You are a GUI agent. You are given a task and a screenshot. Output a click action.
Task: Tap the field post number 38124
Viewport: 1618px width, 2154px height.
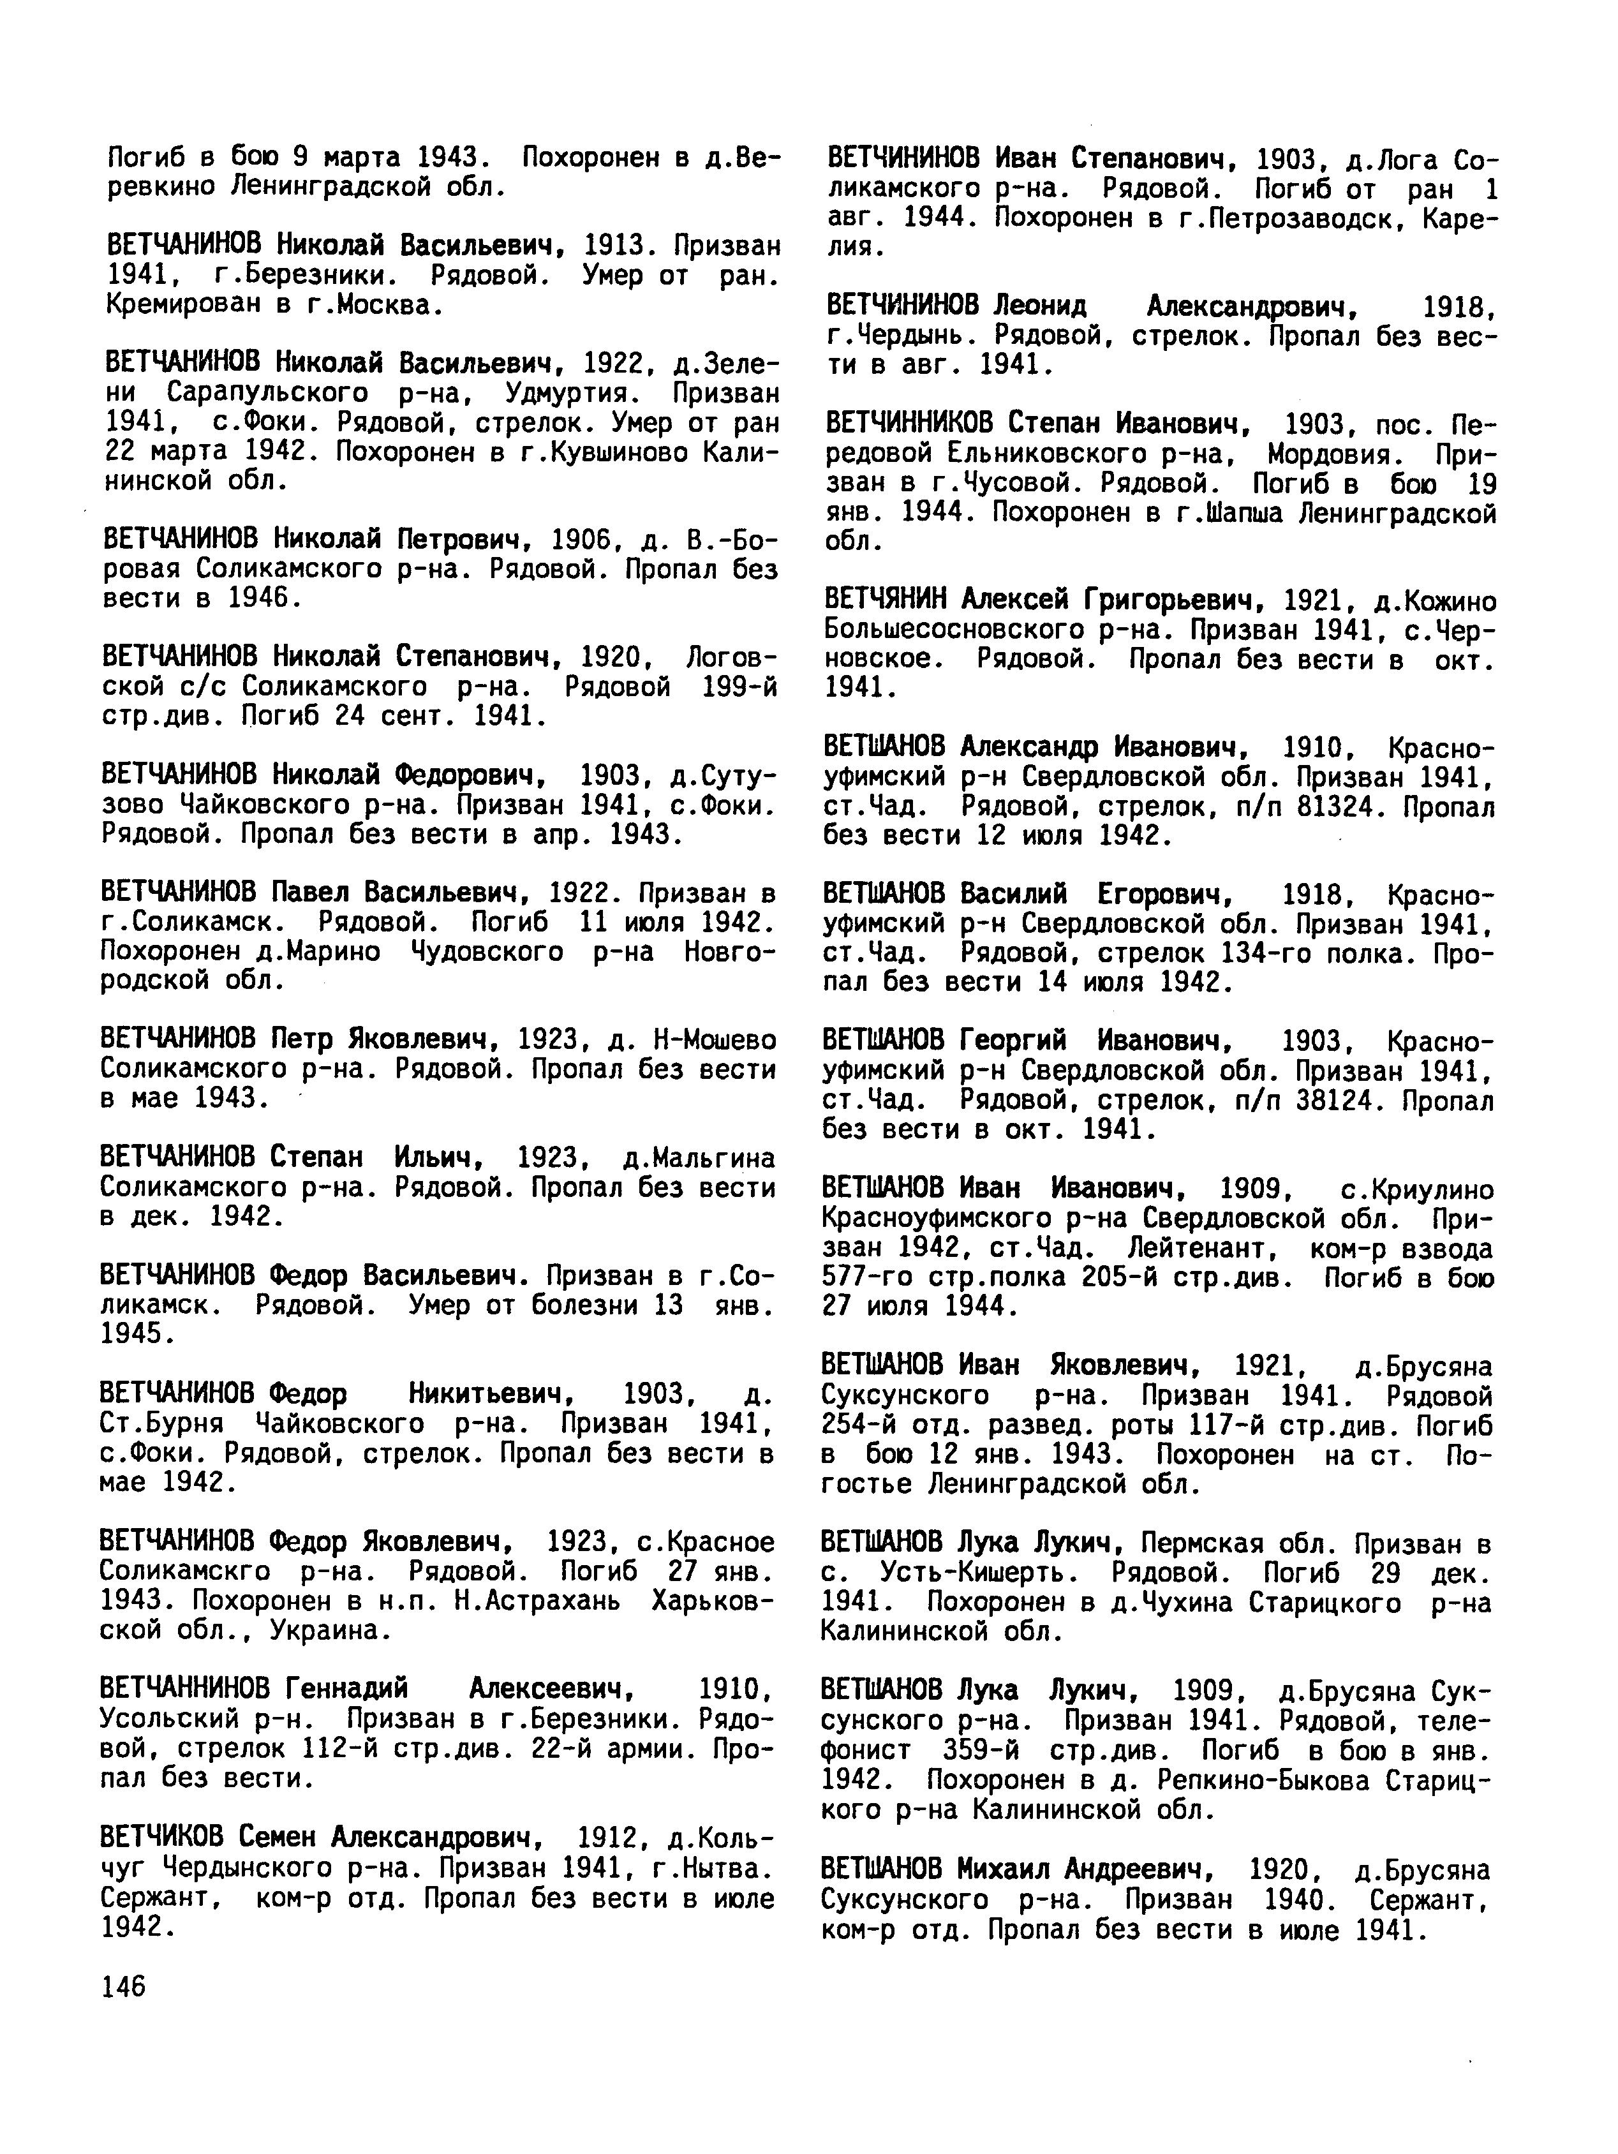(1338, 1101)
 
